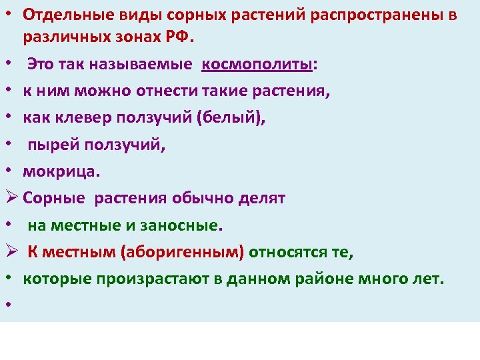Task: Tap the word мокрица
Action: (61, 171)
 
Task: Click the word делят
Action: (261, 198)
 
